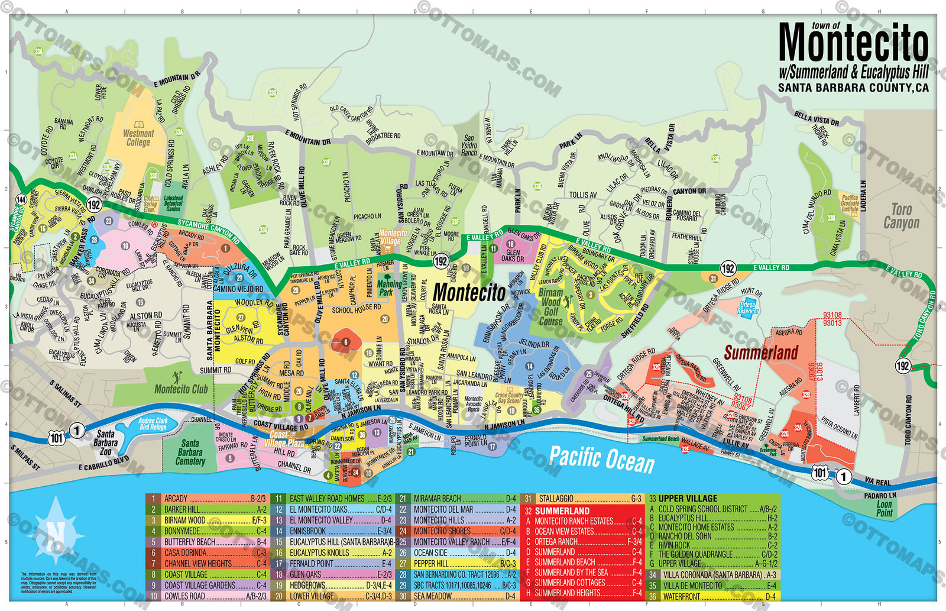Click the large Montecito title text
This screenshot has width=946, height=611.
point(853,43)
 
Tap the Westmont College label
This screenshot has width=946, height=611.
point(138,137)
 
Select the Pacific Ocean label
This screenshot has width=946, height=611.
point(601,459)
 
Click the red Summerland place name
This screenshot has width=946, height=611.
point(760,353)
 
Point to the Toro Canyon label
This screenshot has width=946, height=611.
point(901,216)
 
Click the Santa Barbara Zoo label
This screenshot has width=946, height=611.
point(105,442)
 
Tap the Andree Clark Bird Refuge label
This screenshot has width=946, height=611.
point(153,424)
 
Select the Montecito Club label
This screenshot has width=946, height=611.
point(181,389)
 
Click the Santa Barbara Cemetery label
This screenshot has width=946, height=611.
point(190,452)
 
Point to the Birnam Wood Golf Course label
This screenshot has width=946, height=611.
point(550,307)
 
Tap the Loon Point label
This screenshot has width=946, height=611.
point(885,509)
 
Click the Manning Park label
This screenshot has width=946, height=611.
point(386,288)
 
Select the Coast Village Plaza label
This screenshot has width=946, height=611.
point(283,439)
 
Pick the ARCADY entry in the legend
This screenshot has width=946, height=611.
point(176,499)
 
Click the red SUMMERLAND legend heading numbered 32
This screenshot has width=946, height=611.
point(562,510)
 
